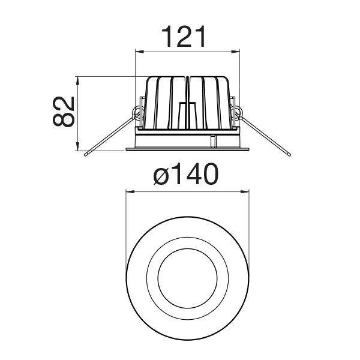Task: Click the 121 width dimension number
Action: coord(184,37)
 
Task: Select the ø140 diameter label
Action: coord(185,174)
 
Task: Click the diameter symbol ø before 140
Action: coord(161,175)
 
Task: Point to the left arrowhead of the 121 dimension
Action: coord(140,52)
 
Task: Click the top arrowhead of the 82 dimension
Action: coord(78,80)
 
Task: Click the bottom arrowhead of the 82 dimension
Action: coord(78,146)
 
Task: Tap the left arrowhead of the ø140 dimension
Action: coord(130,191)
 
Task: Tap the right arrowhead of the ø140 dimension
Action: coord(245,191)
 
